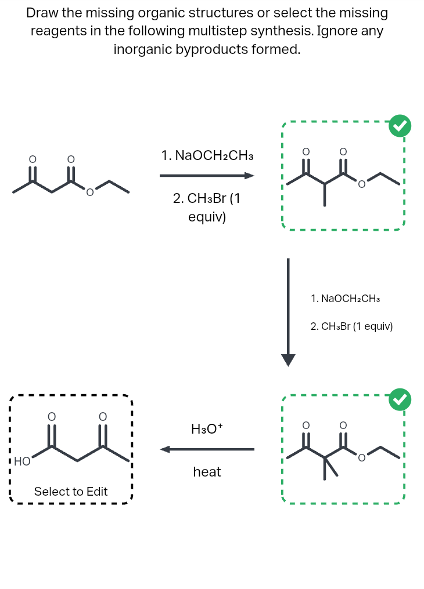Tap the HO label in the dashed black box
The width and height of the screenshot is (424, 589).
tap(22, 461)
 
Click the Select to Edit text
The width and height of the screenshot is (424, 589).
tap(71, 492)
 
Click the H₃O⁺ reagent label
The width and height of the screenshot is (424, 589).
tap(207, 429)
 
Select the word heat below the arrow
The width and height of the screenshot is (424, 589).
tap(207, 472)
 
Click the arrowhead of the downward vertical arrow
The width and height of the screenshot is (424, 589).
tap(288, 360)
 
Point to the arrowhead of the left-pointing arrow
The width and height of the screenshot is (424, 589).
tap(166, 449)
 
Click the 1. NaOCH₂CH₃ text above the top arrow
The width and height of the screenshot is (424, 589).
tap(207, 155)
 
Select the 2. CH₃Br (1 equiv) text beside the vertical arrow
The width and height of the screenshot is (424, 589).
tap(352, 326)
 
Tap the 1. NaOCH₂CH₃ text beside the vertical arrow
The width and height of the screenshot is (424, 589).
tap(346, 299)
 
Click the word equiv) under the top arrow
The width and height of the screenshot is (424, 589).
tap(207, 217)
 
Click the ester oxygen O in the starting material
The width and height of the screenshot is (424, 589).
tap(89, 192)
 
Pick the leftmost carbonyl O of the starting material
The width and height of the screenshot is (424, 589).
tap(33, 158)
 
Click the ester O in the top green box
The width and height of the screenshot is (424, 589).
tap(361, 185)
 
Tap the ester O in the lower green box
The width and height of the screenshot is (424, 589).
tap(361, 459)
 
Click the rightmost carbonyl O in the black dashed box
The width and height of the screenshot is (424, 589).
tap(103, 416)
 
